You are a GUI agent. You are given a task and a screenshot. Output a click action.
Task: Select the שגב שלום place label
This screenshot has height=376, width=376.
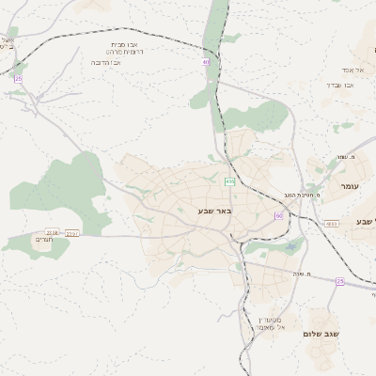pyautogui.click(x=321, y=334)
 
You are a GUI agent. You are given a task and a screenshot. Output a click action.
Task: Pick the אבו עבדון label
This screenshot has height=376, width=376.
pyautogui.click(x=341, y=85)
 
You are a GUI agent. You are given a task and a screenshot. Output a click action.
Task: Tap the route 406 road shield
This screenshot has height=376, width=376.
pyautogui.click(x=230, y=180)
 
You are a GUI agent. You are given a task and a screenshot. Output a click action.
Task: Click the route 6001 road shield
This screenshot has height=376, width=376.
pyautogui.click(x=331, y=224)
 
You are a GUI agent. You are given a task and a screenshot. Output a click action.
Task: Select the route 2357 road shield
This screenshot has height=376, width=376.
pyautogui.click(x=72, y=232)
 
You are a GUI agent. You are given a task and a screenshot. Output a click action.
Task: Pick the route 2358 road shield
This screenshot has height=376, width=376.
pyautogui.click(x=52, y=231)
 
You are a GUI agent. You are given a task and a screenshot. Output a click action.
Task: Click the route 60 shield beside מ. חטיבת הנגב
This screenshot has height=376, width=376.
pyautogui.click(x=278, y=215)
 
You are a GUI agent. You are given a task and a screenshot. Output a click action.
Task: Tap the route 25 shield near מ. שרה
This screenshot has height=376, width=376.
pyautogui.click(x=340, y=281)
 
